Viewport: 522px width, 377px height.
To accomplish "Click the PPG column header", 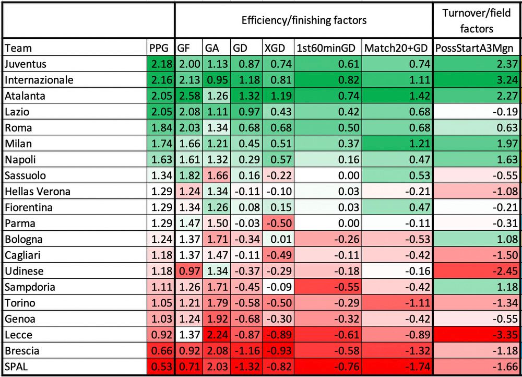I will pos(159,48).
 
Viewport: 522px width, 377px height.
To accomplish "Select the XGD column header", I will pos(275,48).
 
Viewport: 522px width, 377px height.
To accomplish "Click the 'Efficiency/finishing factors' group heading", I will pos(304,20).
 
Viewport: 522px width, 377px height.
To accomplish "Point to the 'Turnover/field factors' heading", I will pos(477,20).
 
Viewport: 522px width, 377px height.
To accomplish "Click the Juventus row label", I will pos(25,64).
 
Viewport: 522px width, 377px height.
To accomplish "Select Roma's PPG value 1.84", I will pos(160,128).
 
